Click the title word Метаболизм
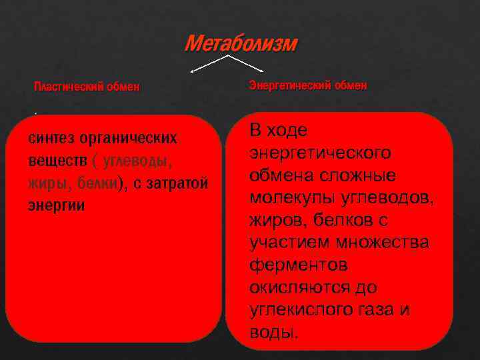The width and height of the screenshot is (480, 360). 241,44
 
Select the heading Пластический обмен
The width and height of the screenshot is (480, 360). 87,87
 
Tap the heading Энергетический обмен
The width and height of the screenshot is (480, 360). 307,86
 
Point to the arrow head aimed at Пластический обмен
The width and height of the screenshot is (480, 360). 193,69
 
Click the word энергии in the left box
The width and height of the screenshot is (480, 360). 56,205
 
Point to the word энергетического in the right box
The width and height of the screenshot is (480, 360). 321,153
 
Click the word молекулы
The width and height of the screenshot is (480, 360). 287,198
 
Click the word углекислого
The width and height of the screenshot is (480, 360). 299,310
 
